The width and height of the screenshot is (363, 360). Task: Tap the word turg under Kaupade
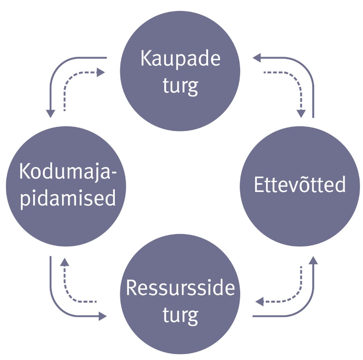(180, 85)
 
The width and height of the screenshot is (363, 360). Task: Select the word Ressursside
(180, 287)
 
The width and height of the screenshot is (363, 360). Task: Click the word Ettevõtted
(299, 185)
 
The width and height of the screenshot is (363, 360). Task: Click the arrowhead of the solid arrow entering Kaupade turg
(256, 58)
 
